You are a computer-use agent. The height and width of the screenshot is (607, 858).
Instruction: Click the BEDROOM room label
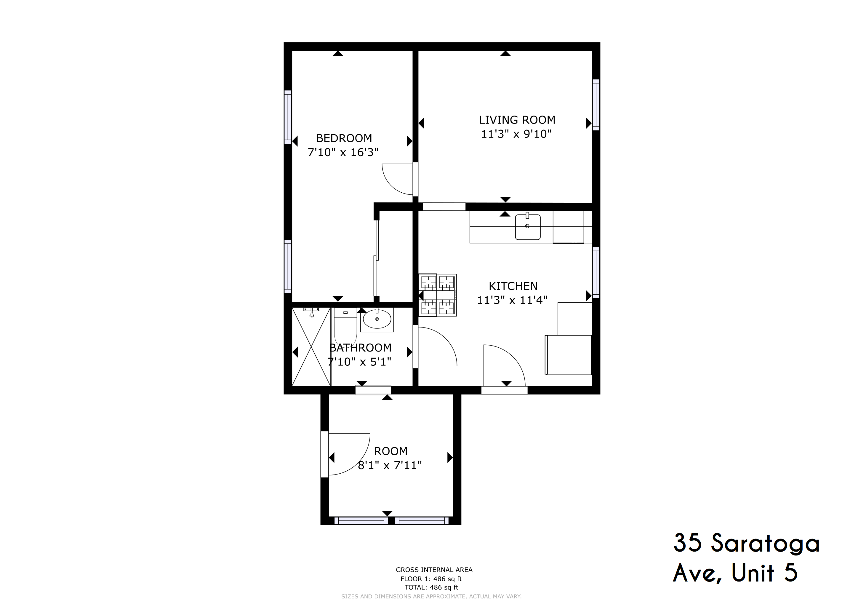[344, 138]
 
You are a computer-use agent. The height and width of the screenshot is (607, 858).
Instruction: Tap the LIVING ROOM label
[517, 120]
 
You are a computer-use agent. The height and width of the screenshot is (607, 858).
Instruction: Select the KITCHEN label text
[513, 286]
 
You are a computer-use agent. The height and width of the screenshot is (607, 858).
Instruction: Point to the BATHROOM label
[360, 348]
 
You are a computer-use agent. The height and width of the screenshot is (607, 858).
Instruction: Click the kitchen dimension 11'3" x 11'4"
[512, 300]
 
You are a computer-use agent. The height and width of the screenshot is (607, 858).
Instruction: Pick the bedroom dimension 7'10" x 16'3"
[343, 153]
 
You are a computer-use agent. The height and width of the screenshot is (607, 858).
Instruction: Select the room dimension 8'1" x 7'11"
[390, 465]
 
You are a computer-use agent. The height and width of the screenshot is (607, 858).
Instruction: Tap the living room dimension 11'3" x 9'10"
[516, 134]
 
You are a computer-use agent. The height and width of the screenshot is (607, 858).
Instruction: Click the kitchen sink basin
[528, 227]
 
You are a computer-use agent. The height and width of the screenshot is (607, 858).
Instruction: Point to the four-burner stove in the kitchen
[438, 295]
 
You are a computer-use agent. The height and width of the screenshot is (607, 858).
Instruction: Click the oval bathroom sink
[377, 319]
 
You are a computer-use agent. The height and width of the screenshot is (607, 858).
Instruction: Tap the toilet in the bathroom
[345, 326]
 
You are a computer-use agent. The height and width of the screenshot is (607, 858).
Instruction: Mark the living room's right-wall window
[596, 105]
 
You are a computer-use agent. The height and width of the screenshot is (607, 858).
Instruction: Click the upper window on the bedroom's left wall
[288, 117]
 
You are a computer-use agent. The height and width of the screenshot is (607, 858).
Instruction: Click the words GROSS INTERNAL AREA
[434, 570]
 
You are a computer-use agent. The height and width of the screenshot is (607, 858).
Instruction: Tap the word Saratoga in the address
[765, 544]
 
